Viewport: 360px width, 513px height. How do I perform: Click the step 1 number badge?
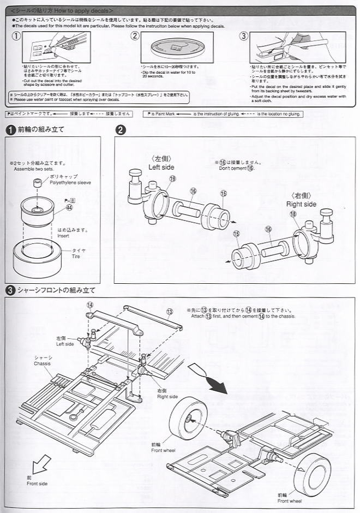pyautogui.click(x=10, y=129)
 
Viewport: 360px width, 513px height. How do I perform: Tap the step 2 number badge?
pyautogui.click(x=120, y=129)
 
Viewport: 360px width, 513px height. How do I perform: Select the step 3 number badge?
pyautogui.click(x=10, y=290)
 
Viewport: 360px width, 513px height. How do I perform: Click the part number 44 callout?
pyautogui.click(x=69, y=207)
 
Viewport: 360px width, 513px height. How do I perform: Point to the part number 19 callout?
pyautogui.click(x=172, y=178)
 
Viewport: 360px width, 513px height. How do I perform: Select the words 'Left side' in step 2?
pyautogui.click(x=161, y=167)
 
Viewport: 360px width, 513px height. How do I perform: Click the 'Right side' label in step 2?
pyautogui.click(x=301, y=204)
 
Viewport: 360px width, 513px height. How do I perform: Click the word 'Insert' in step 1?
pyautogui.click(x=63, y=236)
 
